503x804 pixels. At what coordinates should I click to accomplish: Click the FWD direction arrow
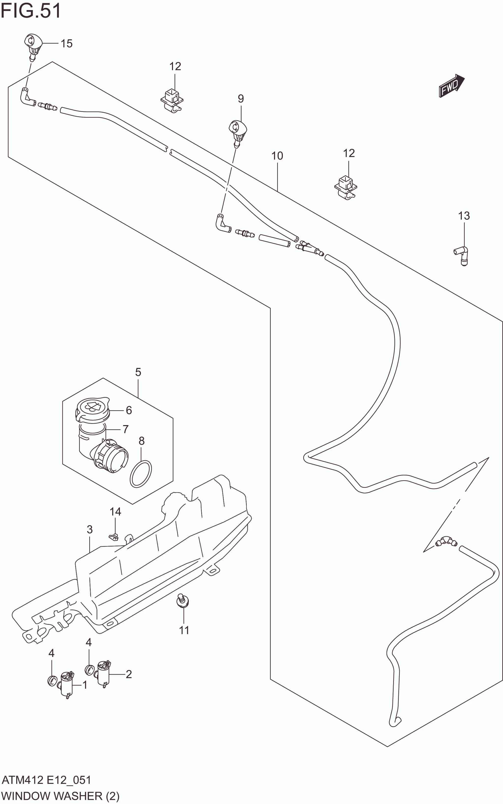(451, 86)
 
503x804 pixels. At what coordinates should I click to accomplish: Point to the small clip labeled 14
(114, 536)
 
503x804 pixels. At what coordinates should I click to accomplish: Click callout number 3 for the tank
(89, 529)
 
